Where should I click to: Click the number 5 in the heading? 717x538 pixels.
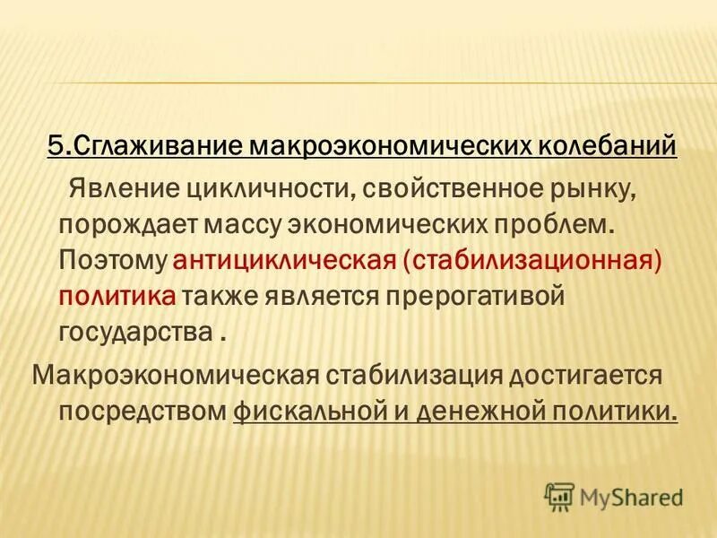(56, 146)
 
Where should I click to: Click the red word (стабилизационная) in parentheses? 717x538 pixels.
(534, 260)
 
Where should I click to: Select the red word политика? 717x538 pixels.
(117, 296)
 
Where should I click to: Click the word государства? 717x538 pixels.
(135, 332)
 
